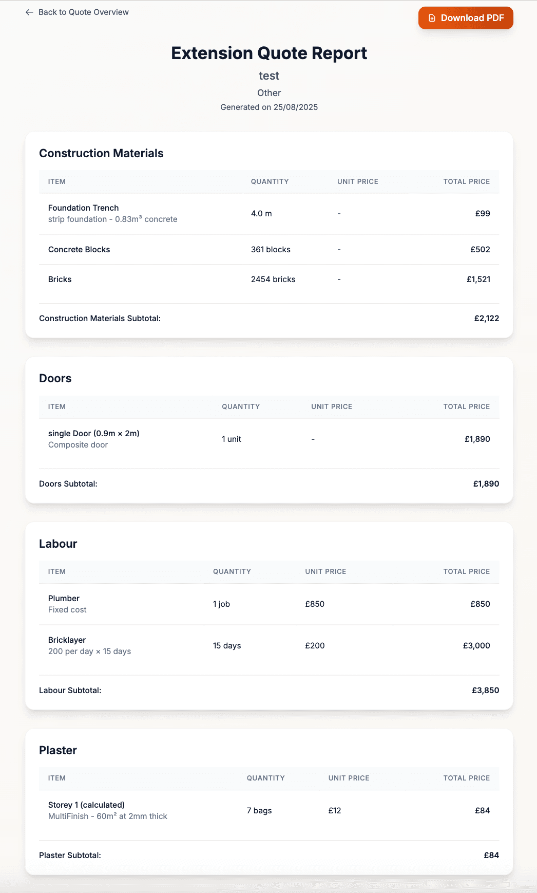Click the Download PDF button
(x=466, y=18)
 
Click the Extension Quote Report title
(x=269, y=53)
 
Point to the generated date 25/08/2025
(x=295, y=107)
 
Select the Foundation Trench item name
(x=83, y=208)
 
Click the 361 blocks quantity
(x=271, y=250)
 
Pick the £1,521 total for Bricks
(x=478, y=280)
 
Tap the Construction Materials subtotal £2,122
(x=486, y=319)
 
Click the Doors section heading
(x=55, y=379)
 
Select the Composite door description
(x=78, y=445)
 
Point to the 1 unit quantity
(x=232, y=439)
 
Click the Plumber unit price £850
(x=315, y=604)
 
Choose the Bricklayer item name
(x=67, y=640)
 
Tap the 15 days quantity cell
(x=227, y=646)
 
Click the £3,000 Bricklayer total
(x=476, y=646)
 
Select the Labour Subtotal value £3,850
(x=485, y=691)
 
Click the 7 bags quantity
(x=259, y=811)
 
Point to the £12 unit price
(x=335, y=811)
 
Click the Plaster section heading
(x=58, y=751)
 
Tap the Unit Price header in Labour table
(x=325, y=572)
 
